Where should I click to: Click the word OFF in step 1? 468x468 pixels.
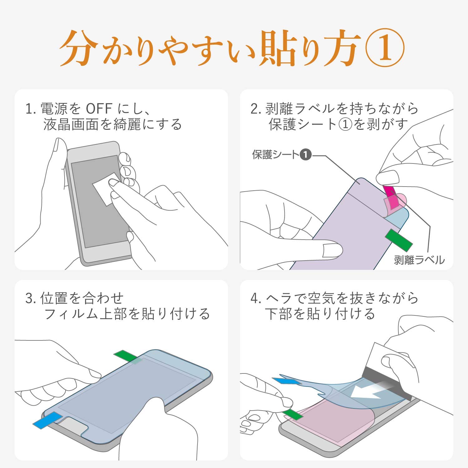click(99, 109)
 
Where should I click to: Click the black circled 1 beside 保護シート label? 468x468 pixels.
click(306, 154)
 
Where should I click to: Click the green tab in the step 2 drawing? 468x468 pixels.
click(399, 239)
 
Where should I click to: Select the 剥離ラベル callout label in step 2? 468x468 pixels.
click(419, 260)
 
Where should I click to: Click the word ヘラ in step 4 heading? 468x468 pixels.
click(279, 299)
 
